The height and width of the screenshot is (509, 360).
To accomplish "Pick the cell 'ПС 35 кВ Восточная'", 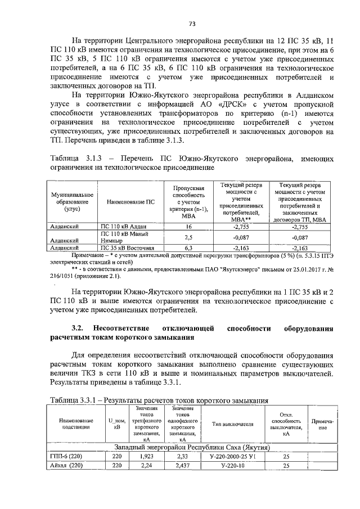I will click(x=127, y=247).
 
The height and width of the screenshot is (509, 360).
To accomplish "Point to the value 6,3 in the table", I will click(x=189, y=247).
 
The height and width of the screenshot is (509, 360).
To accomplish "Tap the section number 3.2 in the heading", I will click(x=78, y=328).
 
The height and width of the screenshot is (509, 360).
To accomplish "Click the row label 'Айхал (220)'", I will click(x=67, y=466).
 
